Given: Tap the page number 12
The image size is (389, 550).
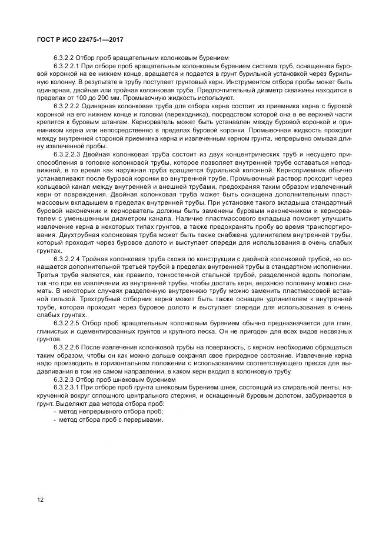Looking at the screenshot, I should click(41, 499).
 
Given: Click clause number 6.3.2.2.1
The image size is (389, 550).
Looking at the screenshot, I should click(67, 67).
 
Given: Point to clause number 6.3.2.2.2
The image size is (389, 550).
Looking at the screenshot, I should click(67, 105).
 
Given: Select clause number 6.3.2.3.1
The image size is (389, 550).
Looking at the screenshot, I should click(67, 388).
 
